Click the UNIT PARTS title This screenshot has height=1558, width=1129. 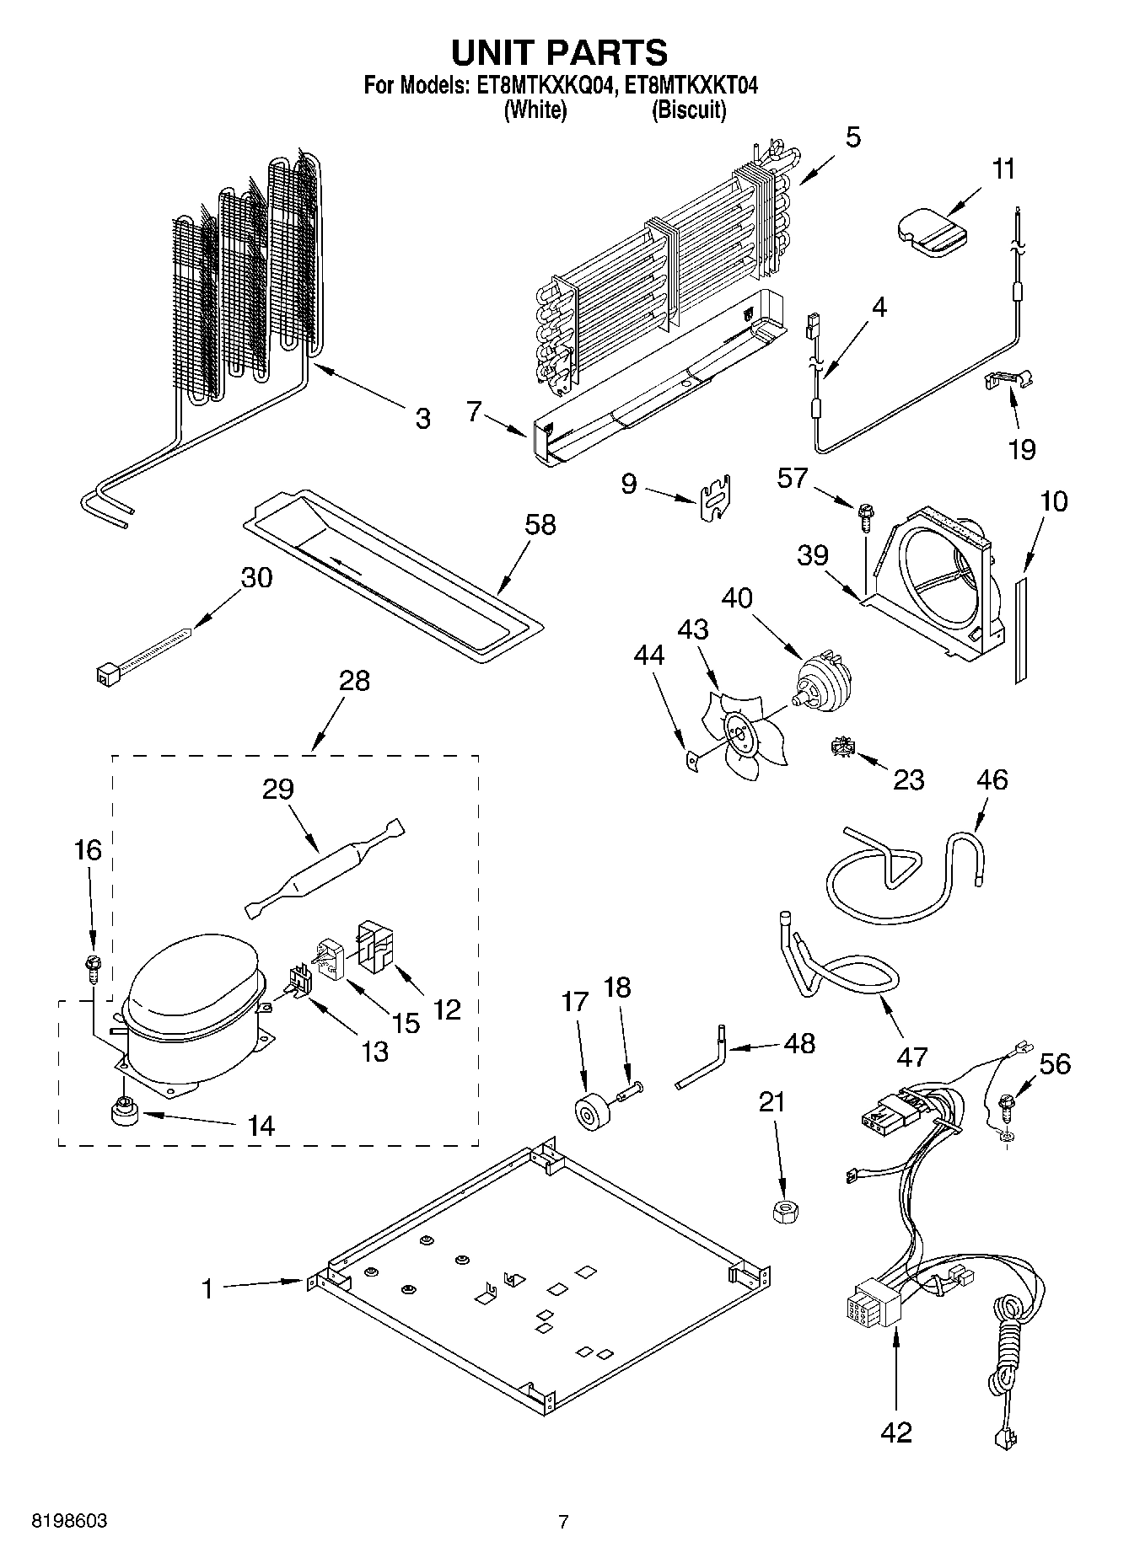coord(559,53)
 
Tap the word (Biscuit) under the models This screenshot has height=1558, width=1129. coord(688,110)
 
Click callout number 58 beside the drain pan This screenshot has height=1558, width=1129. coord(540,524)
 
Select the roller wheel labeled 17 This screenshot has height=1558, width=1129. coord(593,1111)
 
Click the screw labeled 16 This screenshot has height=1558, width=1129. coord(94,966)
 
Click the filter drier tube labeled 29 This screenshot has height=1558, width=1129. coord(322,869)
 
